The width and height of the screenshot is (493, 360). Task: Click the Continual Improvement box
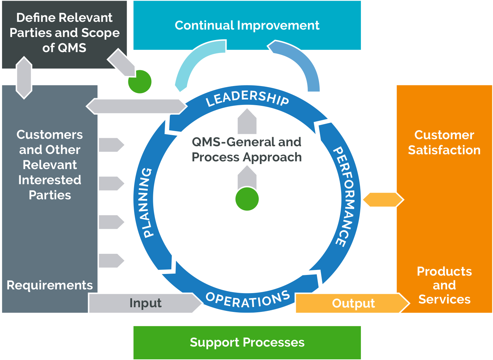pyautogui.click(x=247, y=26)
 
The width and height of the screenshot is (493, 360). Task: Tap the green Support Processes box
pyautogui.click(x=247, y=343)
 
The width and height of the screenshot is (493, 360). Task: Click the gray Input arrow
pyautogui.click(x=145, y=303)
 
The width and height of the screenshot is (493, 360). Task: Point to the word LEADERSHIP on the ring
pyautogui.click(x=247, y=97)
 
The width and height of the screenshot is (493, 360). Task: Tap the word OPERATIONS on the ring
pyautogui.click(x=248, y=299)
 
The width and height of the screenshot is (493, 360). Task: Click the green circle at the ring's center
pyautogui.click(x=247, y=199)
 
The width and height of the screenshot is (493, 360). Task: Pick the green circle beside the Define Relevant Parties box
pyautogui.click(x=140, y=82)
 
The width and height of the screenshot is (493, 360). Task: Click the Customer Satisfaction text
pyautogui.click(x=444, y=143)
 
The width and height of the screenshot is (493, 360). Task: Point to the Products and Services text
pyautogui.click(x=444, y=285)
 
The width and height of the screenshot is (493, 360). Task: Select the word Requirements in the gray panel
pyautogui.click(x=50, y=285)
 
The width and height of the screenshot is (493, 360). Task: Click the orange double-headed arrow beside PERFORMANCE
pyautogui.click(x=382, y=200)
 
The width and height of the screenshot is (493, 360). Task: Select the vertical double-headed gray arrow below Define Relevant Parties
pyautogui.click(x=24, y=78)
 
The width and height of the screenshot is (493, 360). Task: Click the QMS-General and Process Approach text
pyautogui.click(x=246, y=150)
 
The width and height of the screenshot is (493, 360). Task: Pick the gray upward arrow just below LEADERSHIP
pyautogui.click(x=247, y=122)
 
